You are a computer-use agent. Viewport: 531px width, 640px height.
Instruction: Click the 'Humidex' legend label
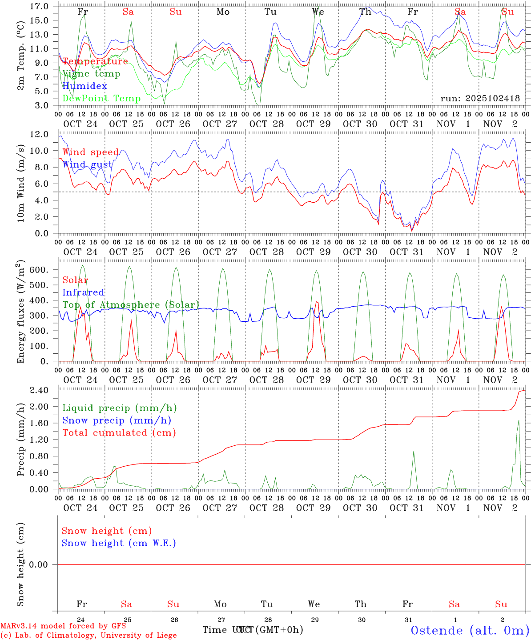point(84,86)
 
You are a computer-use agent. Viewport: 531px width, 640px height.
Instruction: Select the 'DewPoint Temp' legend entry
point(101,98)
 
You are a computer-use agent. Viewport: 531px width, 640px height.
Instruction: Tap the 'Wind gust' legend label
point(87,164)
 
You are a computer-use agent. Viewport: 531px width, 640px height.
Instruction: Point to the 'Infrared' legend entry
point(83,292)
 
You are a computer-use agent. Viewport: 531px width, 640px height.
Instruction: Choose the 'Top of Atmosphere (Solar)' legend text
point(130,305)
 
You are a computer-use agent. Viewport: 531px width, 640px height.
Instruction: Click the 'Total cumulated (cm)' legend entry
point(119,432)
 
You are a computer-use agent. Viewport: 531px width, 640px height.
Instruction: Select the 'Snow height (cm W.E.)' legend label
point(119,543)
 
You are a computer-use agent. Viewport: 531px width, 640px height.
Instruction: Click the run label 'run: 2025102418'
point(480,99)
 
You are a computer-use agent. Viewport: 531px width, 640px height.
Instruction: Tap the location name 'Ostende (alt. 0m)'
point(470,630)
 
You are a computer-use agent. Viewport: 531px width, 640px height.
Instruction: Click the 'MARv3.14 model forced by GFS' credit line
point(63,626)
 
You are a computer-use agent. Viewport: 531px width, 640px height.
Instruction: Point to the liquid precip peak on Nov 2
point(519,420)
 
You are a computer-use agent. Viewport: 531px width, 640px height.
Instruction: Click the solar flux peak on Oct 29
point(316,302)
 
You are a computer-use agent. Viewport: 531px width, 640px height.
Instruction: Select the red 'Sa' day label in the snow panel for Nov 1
point(454,604)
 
